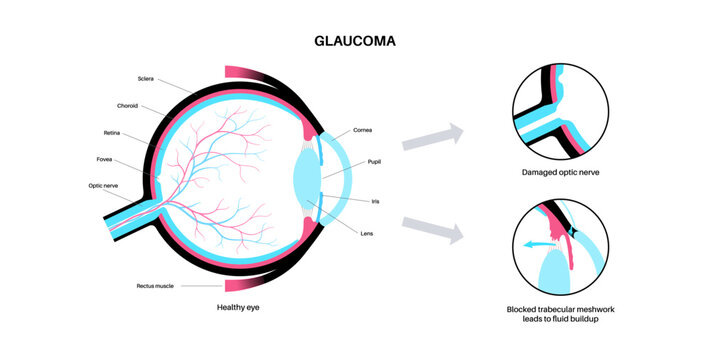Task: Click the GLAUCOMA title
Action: click(x=355, y=41)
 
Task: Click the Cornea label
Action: click(x=364, y=131)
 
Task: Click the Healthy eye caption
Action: click(x=242, y=306)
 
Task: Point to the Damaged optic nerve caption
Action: click(x=560, y=173)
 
